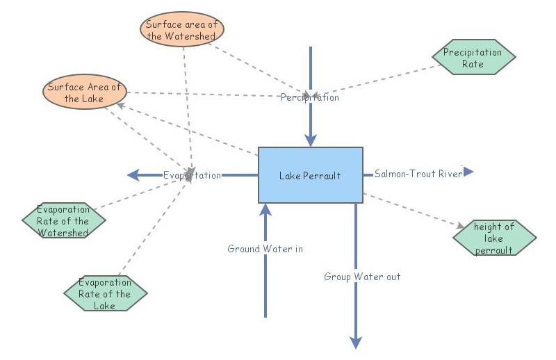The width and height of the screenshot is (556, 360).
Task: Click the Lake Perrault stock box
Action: (310, 175)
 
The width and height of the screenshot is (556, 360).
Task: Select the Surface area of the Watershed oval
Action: (181, 31)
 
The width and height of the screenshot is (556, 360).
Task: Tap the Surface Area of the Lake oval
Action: (84, 93)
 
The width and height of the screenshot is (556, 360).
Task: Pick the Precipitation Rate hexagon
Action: (473, 57)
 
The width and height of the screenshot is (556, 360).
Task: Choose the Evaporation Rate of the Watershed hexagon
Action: (63, 221)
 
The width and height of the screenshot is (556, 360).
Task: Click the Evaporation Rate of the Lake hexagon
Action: (105, 294)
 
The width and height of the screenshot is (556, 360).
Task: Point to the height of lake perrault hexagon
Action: (494, 238)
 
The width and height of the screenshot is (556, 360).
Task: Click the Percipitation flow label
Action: (310, 98)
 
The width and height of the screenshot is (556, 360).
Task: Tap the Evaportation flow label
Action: (193, 175)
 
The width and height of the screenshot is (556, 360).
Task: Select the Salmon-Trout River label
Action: (418, 174)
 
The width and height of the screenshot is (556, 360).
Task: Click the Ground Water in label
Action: (265, 249)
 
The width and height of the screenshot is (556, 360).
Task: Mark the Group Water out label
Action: (362, 277)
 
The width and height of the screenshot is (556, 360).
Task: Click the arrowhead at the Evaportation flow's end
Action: (132, 175)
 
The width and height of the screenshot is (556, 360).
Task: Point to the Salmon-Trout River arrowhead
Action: (468, 172)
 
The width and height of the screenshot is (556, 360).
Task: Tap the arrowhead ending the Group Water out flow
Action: (356, 342)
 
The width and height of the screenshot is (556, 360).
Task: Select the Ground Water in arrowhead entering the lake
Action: (265, 208)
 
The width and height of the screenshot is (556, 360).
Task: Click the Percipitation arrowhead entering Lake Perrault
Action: (310, 142)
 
